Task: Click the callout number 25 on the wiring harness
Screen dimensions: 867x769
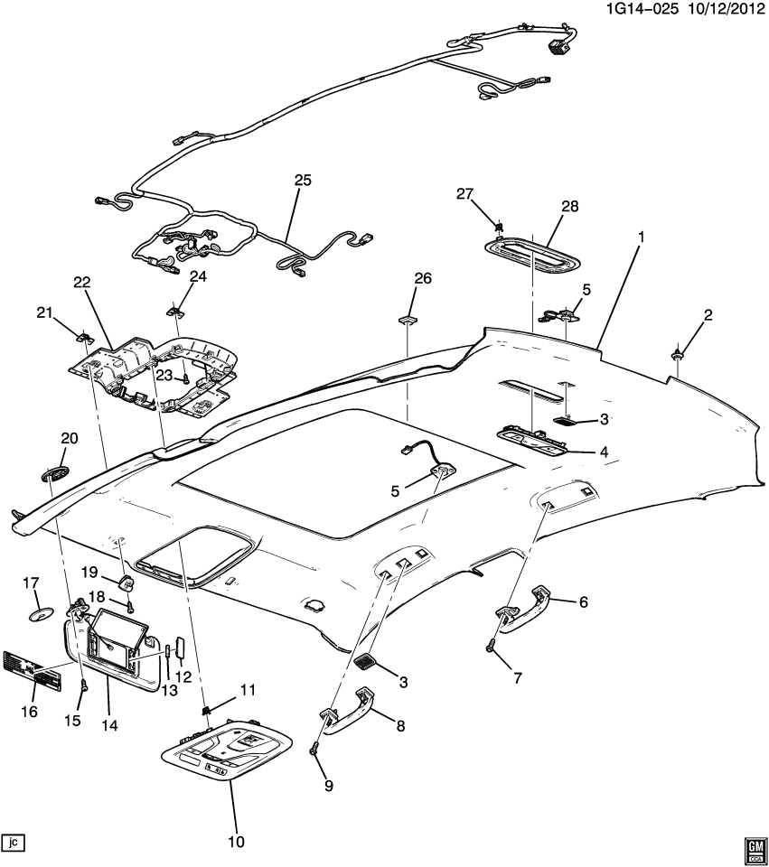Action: [x=302, y=181]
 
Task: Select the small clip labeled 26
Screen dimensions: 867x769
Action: [x=408, y=320]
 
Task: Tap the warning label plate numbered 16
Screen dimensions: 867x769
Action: [x=35, y=669]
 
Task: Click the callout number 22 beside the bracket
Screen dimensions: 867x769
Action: [x=82, y=283]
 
